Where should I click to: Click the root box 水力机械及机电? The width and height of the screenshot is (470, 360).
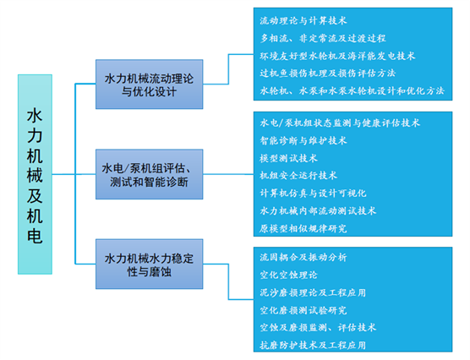pos(35,174)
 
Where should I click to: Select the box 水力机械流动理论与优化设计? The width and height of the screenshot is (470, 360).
pos(150,85)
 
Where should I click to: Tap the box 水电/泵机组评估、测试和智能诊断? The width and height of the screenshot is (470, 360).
pos(150,174)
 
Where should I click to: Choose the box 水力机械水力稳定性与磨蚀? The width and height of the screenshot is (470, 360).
pos(150,264)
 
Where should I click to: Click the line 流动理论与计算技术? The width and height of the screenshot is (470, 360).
pos(303,20)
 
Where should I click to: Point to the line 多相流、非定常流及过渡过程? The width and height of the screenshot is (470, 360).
pos(323,38)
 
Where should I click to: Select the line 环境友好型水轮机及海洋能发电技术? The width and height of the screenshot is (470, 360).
pos(337,56)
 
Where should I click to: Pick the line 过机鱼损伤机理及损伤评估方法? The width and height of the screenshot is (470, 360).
pos(328,74)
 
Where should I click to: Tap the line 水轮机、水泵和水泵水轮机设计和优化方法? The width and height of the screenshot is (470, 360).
pos(352,90)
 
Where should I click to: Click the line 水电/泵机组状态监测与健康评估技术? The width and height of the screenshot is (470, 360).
pos(340,123)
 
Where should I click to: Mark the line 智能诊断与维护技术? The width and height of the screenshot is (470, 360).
pos(303,140)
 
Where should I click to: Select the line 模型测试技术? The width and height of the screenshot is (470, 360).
pos(288,158)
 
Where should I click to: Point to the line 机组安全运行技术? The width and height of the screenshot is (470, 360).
pos(298,176)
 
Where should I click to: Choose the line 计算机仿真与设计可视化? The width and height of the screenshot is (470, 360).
pos(313,193)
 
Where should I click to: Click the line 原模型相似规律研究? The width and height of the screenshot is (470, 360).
pos(303,228)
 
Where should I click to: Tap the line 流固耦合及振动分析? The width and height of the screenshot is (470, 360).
pos(303,257)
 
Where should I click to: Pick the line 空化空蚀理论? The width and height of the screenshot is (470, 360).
pos(288,275)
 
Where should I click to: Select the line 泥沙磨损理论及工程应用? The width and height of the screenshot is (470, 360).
pos(313,292)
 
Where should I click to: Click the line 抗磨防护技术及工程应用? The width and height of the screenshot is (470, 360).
pos(313,346)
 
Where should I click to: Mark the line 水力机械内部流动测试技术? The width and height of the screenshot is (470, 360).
pos(318,210)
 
